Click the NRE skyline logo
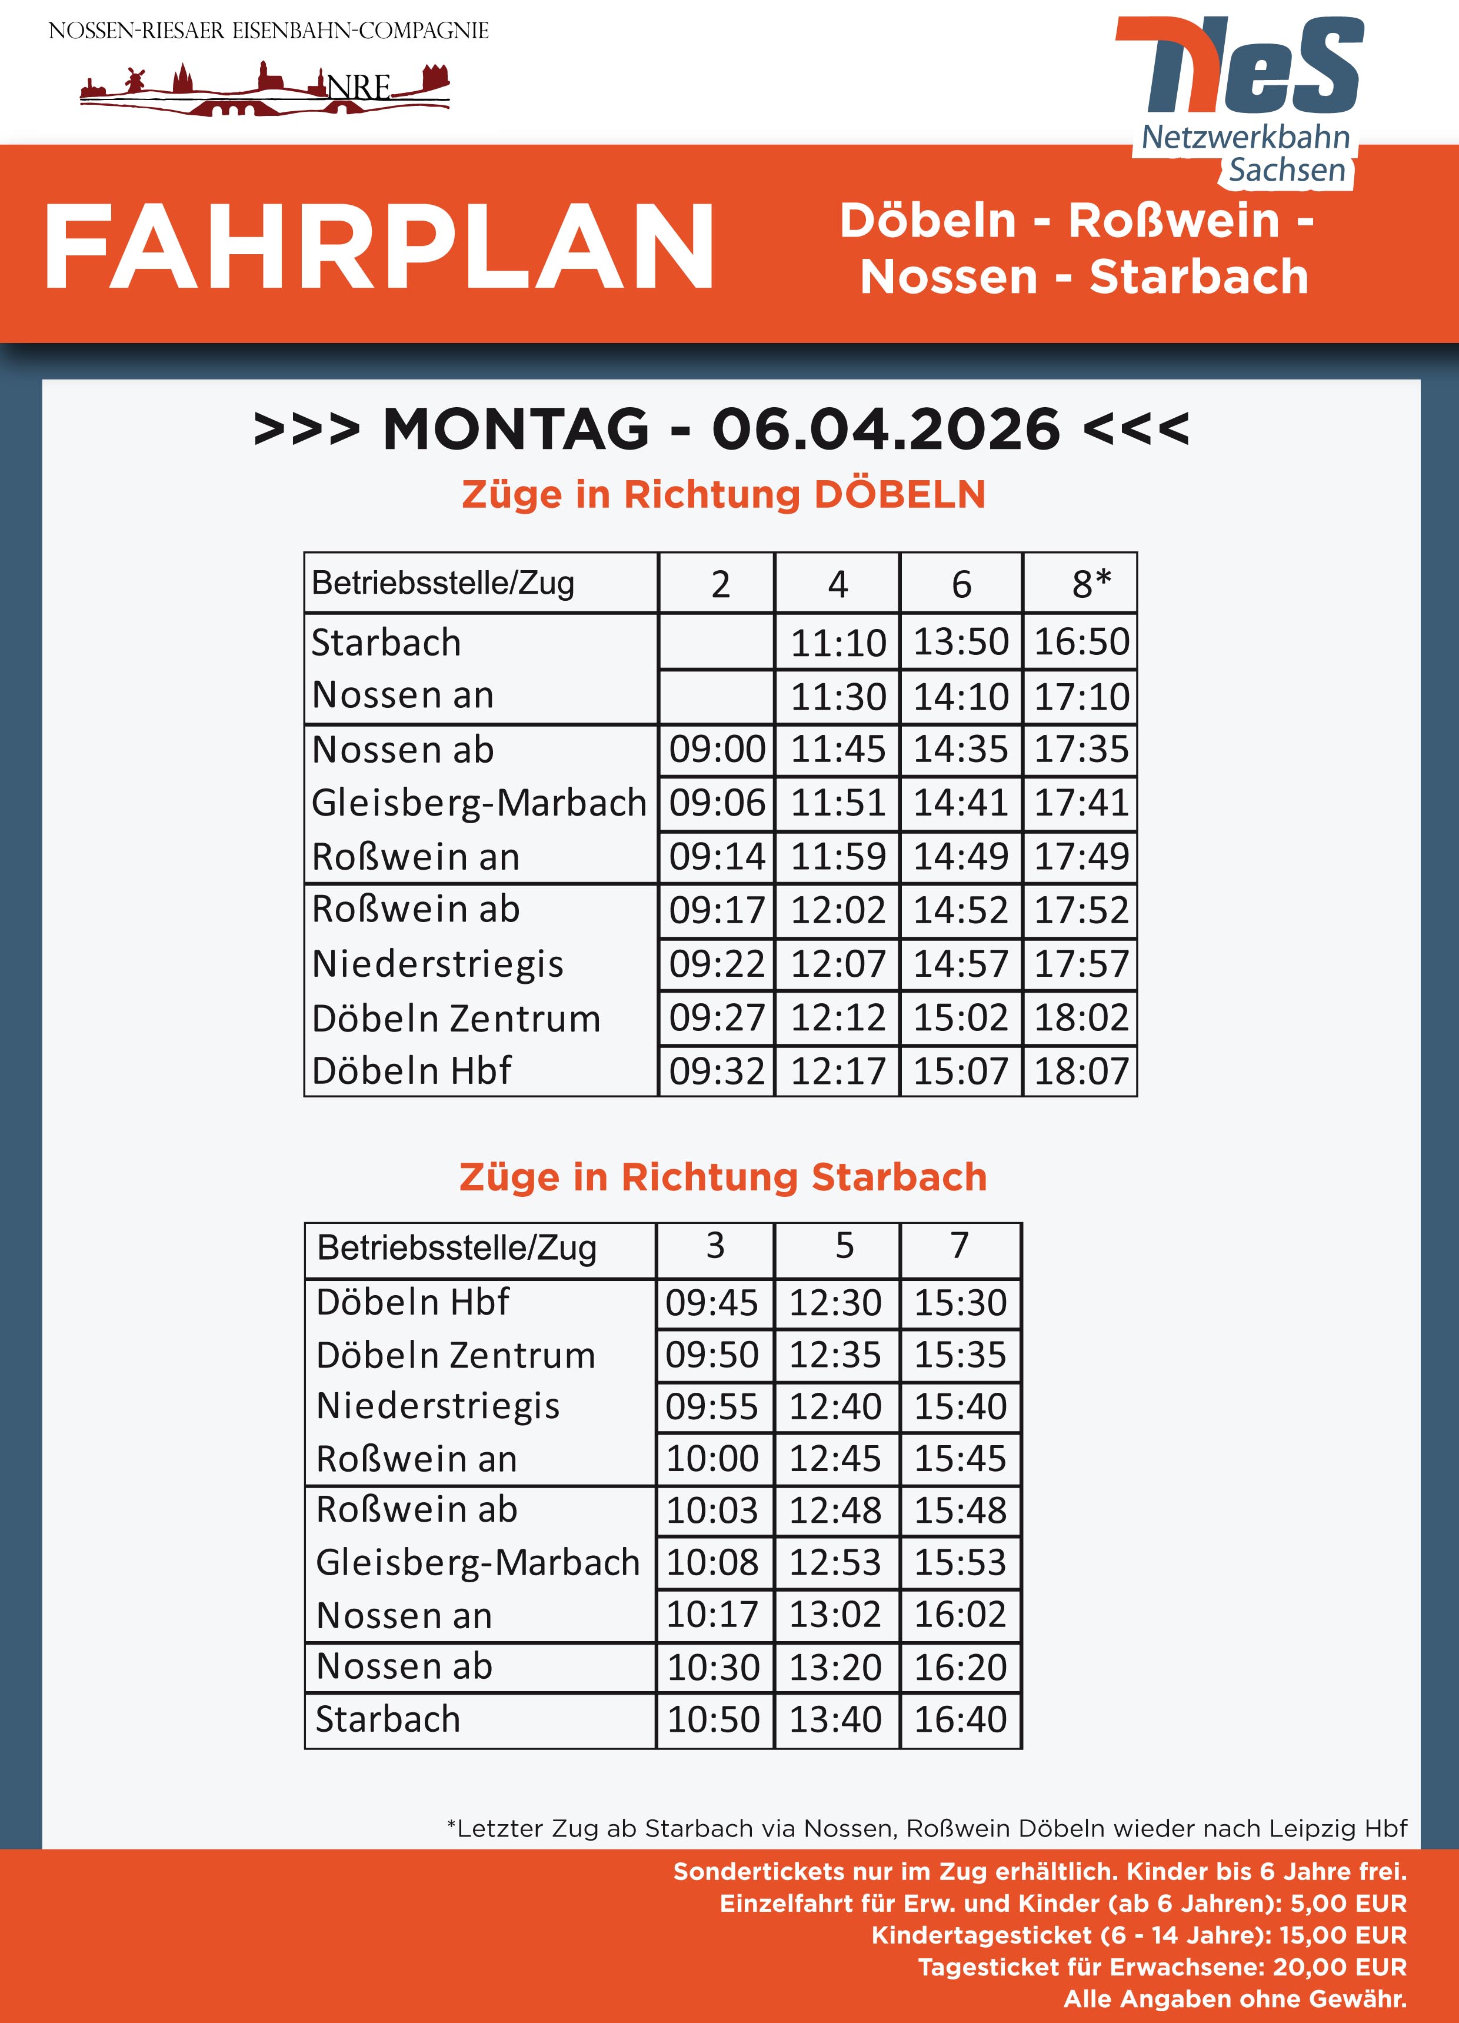point(265,89)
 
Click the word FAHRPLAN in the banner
point(379,247)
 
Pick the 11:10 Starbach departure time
point(838,642)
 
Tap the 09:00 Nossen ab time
point(717,749)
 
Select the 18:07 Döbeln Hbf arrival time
point(1081,1070)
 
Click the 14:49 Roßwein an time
point(961,856)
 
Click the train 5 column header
point(844,1245)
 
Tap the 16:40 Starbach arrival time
point(960,1719)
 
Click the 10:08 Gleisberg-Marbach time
point(712,1562)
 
